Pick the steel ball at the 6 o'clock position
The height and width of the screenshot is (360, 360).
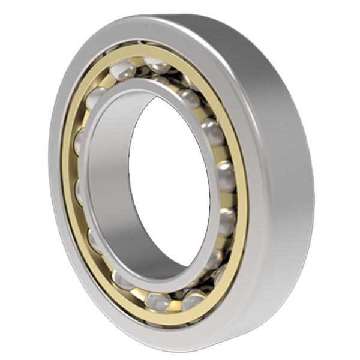pos(157,301)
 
